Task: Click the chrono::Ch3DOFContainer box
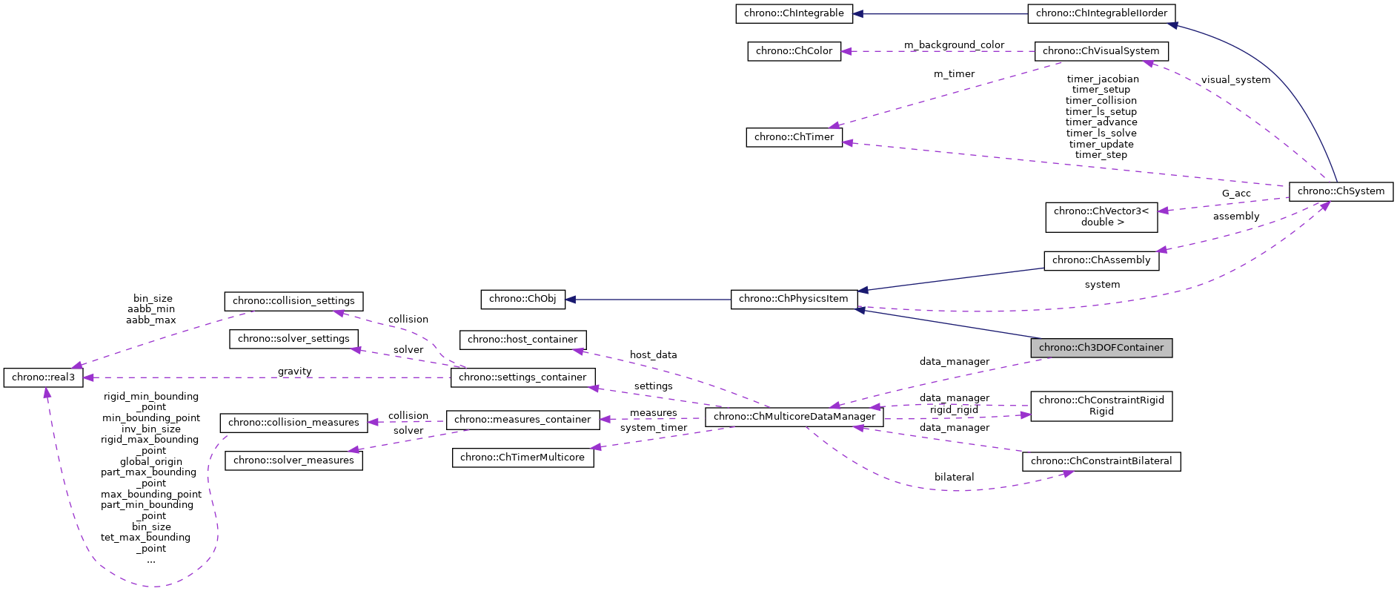pyautogui.click(x=1101, y=348)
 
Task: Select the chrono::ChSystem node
pyautogui.click(x=1341, y=191)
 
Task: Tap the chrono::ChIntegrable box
pyautogui.click(x=794, y=13)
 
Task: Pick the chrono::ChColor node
pyautogui.click(x=794, y=51)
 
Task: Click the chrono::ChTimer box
pyautogui.click(x=794, y=137)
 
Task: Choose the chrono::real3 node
pyautogui.click(x=43, y=377)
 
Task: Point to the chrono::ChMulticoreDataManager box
pyautogui.click(x=794, y=417)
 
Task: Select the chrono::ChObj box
pyautogui.click(x=522, y=299)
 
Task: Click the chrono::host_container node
pyautogui.click(x=522, y=340)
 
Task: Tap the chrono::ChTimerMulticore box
pyautogui.click(x=522, y=458)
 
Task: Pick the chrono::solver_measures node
pyautogui.click(x=293, y=460)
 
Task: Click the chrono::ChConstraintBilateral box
pyautogui.click(x=1101, y=461)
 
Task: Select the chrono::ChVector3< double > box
pyautogui.click(x=1101, y=217)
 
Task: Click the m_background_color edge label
pyautogui.click(x=954, y=45)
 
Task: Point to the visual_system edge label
pyautogui.click(x=1235, y=80)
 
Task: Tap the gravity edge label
pyautogui.click(x=294, y=372)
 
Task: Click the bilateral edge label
pyautogui.click(x=954, y=478)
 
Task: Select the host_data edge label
pyautogui.click(x=653, y=355)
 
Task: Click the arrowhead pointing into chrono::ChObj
pyautogui.click(x=571, y=300)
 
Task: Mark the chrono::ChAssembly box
pyautogui.click(x=1101, y=260)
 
